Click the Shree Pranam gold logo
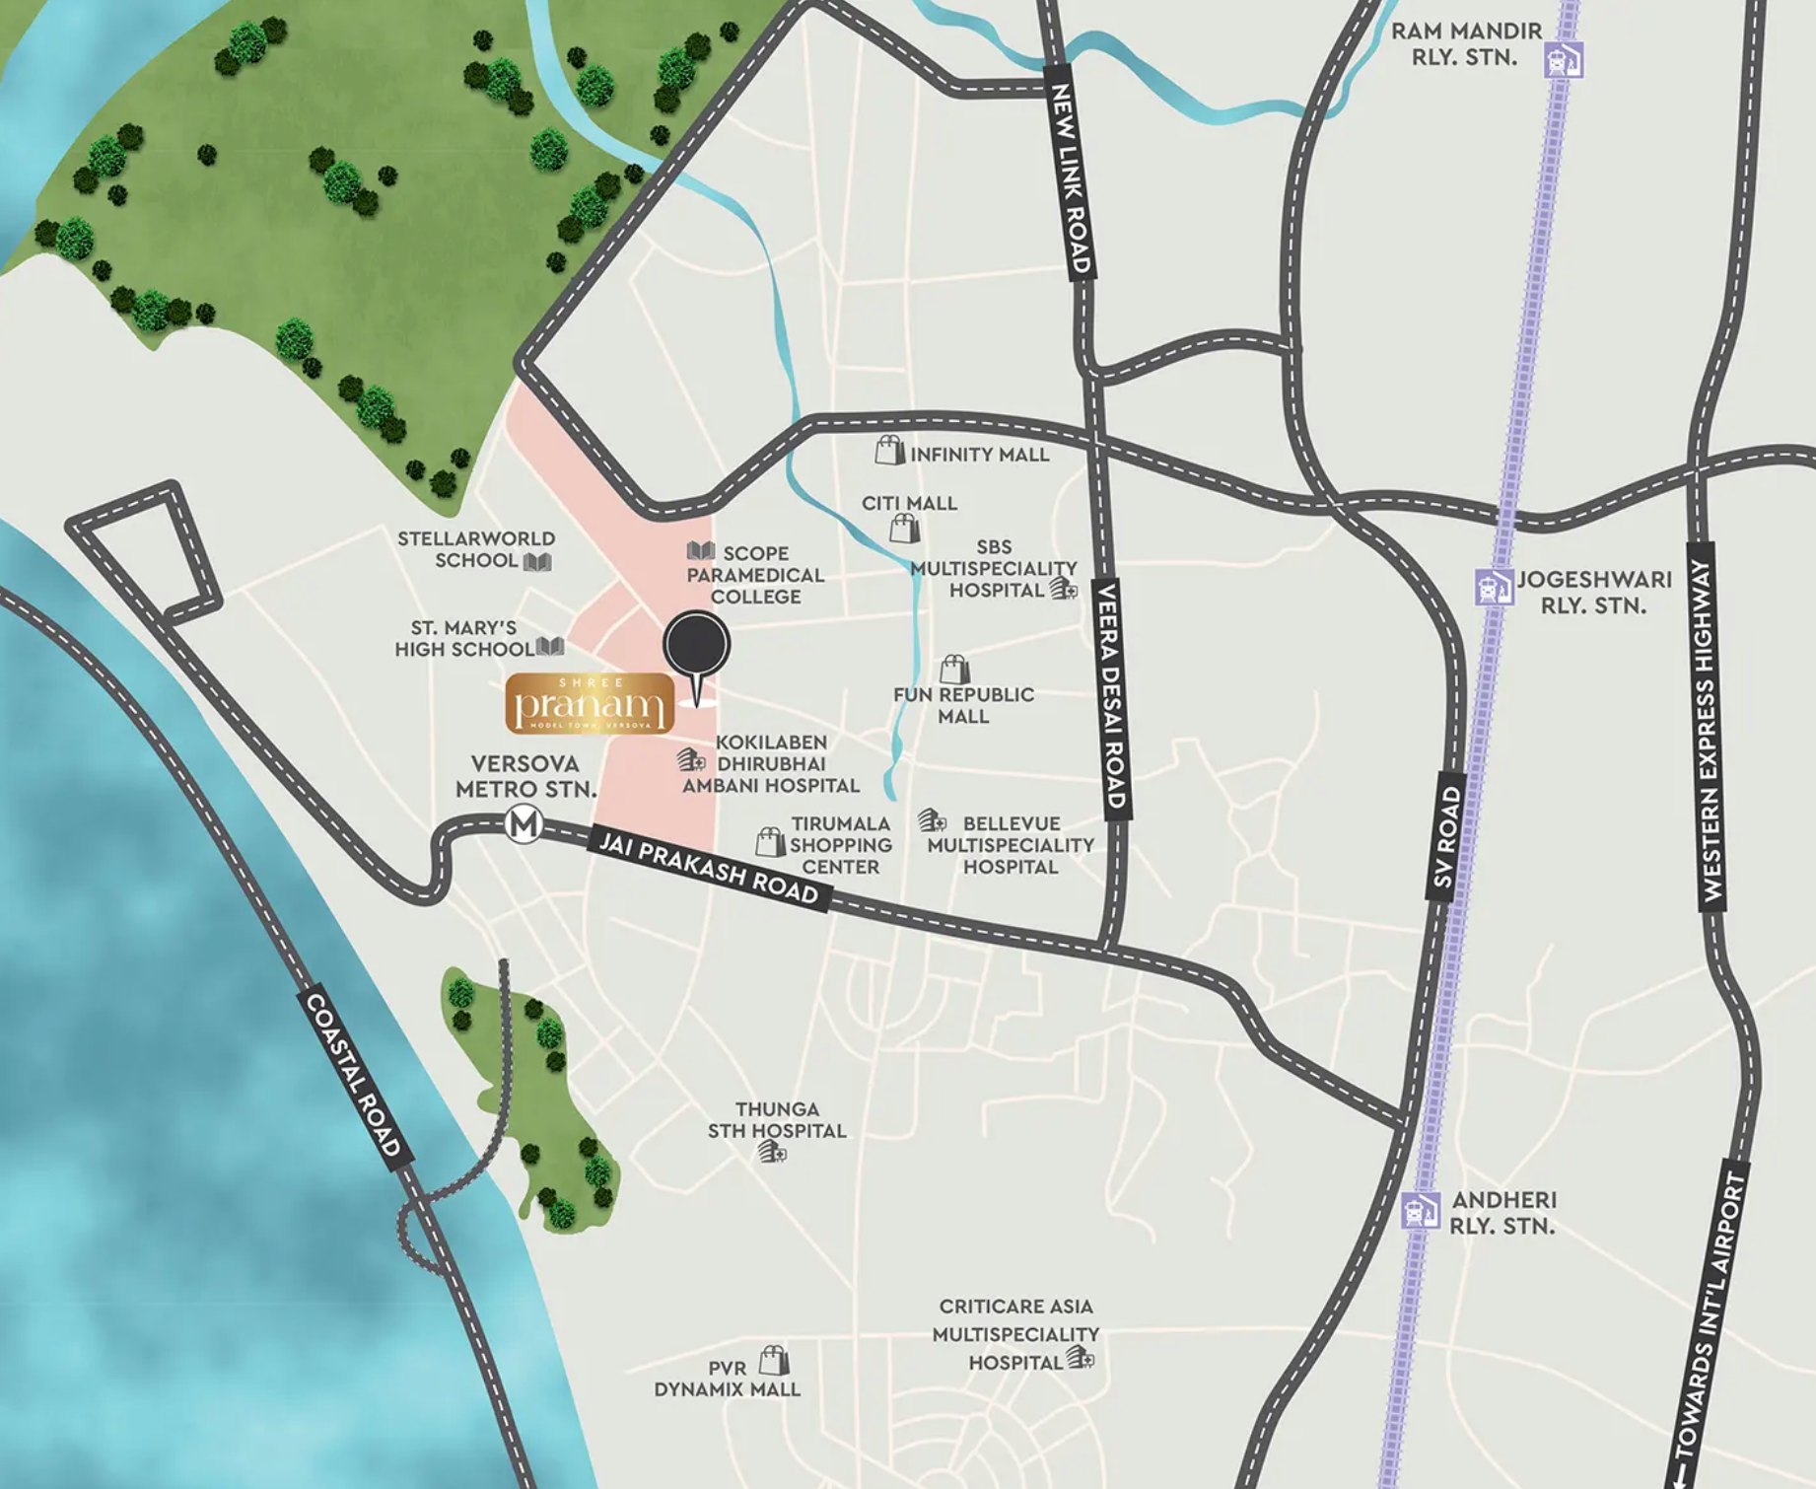(590, 704)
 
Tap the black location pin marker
(697, 647)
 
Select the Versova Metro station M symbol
(524, 823)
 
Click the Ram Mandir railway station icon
(1564, 60)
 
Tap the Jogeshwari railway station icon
(1495, 587)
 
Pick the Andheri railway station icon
(1421, 1210)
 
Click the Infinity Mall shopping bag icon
(889, 451)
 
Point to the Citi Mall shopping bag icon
(904, 529)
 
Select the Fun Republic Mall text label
(963, 705)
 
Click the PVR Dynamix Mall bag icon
(774, 1361)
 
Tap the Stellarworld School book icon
(537, 562)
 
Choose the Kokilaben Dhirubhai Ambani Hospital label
(772, 764)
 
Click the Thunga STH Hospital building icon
(772, 1152)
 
